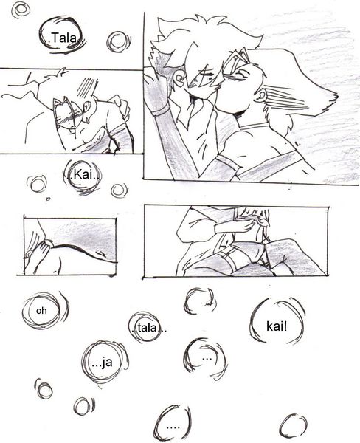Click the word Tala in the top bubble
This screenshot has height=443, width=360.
click(x=64, y=38)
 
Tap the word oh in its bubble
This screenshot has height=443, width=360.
click(x=41, y=311)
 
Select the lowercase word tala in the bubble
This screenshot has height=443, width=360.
click(x=147, y=328)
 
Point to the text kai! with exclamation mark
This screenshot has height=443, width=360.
click(x=277, y=326)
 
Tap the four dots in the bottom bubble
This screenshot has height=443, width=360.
click(x=173, y=427)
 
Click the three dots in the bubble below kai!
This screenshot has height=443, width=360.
click(x=207, y=359)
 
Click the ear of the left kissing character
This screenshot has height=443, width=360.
click(x=179, y=78)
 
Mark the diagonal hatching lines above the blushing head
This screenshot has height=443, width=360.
click(x=88, y=86)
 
